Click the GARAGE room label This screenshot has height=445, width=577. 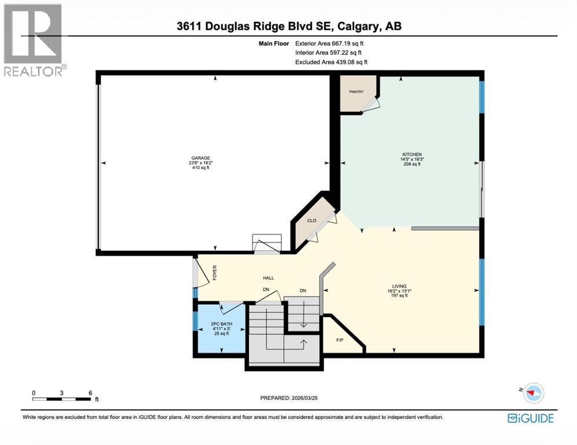(x=201, y=158)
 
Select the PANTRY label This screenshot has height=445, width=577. (x=355, y=92)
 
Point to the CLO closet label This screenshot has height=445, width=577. (x=311, y=221)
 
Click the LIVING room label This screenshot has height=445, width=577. (x=399, y=286)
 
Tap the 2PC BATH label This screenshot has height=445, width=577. (x=220, y=324)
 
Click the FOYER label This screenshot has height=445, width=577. (x=214, y=272)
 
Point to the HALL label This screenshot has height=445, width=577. (x=269, y=278)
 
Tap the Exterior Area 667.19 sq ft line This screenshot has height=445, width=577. (x=329, y=43)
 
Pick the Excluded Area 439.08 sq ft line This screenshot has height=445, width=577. (x=331, y=62)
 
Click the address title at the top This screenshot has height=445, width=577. (x=288, y=26)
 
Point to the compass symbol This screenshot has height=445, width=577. (x=534, y=393)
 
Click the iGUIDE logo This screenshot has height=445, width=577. (x=530, y=418)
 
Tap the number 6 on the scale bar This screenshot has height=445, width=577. (x=90, y=392)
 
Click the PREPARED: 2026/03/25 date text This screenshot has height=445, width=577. (x=298, y=398)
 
